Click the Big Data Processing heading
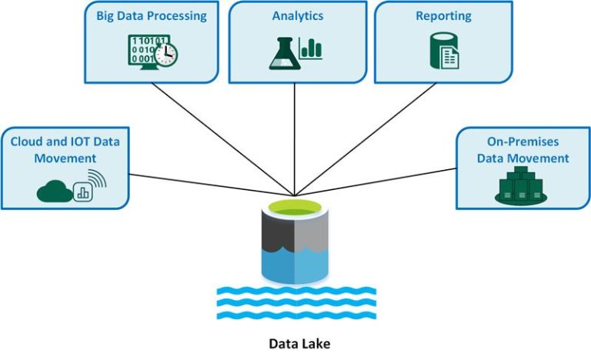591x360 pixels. pos(152,15)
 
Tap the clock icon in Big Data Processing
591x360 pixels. pos(165,53)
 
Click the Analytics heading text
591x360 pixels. pos(297,15)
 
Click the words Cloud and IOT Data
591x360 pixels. pos(65,142)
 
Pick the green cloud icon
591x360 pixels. pos(54,192)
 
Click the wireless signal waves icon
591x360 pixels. pos(95,181)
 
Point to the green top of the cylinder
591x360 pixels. pos(295,208)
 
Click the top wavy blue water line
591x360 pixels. pos(295,292)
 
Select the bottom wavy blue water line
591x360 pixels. pos(295,315)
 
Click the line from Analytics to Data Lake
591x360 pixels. pos(295,138)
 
